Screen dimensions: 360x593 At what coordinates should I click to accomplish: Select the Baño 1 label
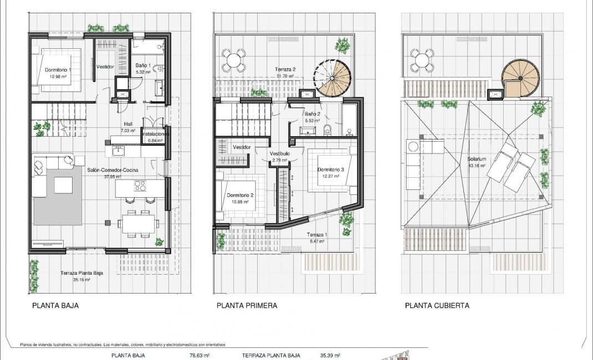coord(143,65)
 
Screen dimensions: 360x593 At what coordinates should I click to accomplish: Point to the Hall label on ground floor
coord(128,124)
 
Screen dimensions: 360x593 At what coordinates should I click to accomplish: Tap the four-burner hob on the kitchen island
coord(139,187)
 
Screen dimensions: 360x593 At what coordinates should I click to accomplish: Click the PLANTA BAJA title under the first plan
coord(55,305)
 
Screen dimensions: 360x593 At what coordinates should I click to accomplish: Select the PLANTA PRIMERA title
coord(247,305)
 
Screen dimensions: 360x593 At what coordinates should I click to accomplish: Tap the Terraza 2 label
coord(286,69)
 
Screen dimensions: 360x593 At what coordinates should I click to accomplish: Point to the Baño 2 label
coord(311,114)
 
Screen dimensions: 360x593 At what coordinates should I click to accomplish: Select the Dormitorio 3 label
coord(331,169)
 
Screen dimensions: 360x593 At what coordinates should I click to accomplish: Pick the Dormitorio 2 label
coord(240,195)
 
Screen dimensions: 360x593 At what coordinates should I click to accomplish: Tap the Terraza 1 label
coord(317,234)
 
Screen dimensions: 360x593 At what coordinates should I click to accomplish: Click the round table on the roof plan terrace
coord(422,60)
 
